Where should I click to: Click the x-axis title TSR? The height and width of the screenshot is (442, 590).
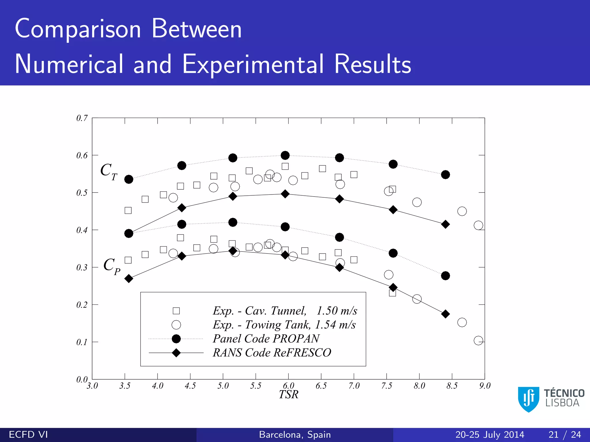(x=288, y=395)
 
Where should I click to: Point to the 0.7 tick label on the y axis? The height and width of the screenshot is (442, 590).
(x=82, y=118)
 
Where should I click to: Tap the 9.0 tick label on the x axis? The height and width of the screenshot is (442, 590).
(x=485, y=386)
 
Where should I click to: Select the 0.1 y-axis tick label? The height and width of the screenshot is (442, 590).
(x=82, y=342)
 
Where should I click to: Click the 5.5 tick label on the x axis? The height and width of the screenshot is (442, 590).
(x=256, y=386)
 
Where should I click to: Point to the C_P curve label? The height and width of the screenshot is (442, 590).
(x=112, y=266)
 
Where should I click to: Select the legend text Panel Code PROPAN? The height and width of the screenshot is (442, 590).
(x=266, y=339)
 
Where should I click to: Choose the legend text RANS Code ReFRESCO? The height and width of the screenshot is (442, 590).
(x=272, y=353)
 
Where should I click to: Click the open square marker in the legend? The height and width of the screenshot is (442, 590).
(x=176, y=311)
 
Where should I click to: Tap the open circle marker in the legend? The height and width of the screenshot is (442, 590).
(x=176, y=325)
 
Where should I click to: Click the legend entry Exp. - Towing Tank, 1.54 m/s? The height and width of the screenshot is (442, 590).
(x=284, y=325)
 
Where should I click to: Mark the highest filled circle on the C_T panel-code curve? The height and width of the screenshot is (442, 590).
(x=285, y=155)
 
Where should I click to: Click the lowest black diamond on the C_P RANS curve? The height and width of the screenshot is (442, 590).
(x=445, y=314)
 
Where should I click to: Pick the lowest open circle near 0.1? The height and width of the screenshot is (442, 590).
(x=478, y=341)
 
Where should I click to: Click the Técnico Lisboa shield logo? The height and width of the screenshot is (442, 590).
(x=528, y=399)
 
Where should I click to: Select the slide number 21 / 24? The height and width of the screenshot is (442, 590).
(x=565, y=435)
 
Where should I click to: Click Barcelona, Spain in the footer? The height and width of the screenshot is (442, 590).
(x=295, y=435)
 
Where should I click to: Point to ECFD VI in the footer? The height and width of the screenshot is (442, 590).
(x=29, y=435)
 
